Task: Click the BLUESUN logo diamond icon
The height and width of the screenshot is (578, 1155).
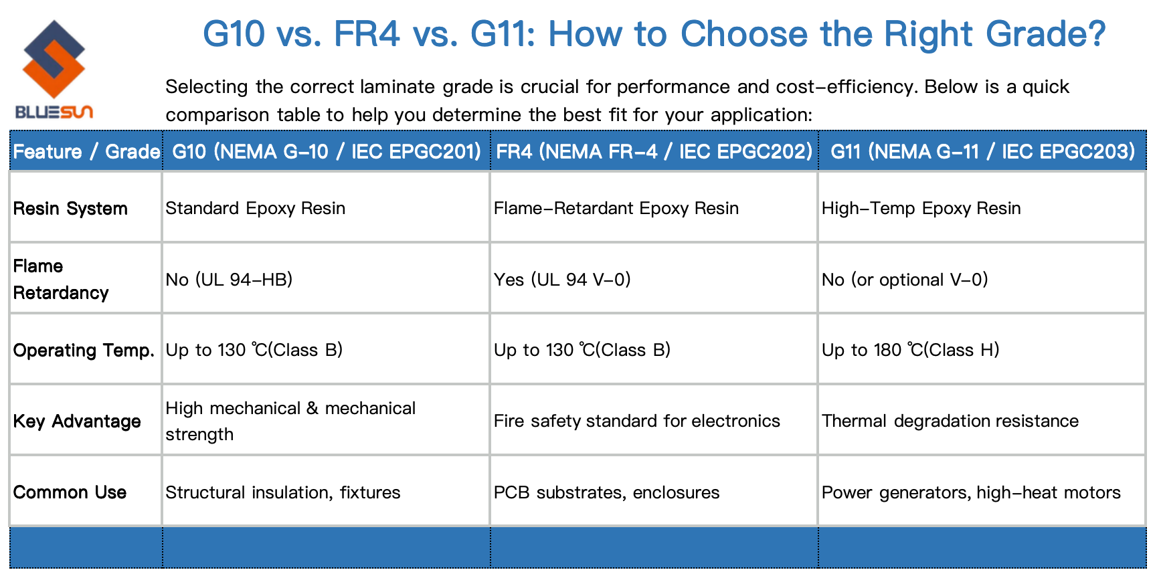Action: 54,59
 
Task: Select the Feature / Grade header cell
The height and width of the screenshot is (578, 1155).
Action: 86,152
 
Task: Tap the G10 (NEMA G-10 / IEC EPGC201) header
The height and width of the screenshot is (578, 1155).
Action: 327,152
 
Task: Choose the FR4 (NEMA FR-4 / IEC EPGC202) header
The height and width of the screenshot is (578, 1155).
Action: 654,152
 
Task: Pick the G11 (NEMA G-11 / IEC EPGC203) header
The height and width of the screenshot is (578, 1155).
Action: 982,152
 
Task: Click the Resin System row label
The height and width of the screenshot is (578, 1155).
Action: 70,209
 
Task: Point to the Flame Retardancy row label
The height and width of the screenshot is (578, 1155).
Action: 61,279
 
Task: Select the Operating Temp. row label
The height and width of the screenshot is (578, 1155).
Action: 84,351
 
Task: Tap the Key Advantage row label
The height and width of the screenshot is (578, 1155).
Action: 77,421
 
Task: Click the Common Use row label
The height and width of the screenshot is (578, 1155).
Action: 70,492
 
